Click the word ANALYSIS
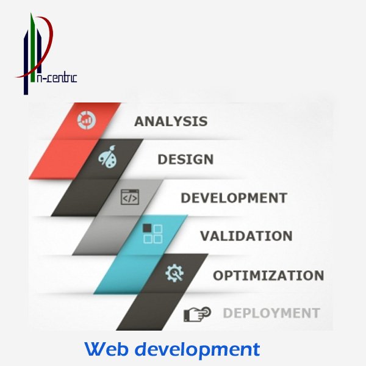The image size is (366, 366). [x=170, y=121]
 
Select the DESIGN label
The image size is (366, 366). [x=185, y=160]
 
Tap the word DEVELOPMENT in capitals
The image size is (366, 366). [x=234, y=198]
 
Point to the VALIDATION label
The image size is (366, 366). [x=246, y=236]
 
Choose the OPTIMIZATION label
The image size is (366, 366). [x=268, y=275]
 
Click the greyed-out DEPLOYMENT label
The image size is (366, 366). [x=271, y=314]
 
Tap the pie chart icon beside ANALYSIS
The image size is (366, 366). [x=85, y=120]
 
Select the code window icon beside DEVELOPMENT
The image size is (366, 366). [x=129, y=198]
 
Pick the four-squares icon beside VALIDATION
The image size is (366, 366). [x=152, y=234]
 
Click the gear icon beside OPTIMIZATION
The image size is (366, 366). [x=174, y=274]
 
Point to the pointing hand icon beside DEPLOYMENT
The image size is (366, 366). [x=196, y=314]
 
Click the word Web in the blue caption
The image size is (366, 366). [x=106, y=349]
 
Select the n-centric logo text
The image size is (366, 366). [x=57, y=77]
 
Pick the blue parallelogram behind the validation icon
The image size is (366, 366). [x=134, y=256]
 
